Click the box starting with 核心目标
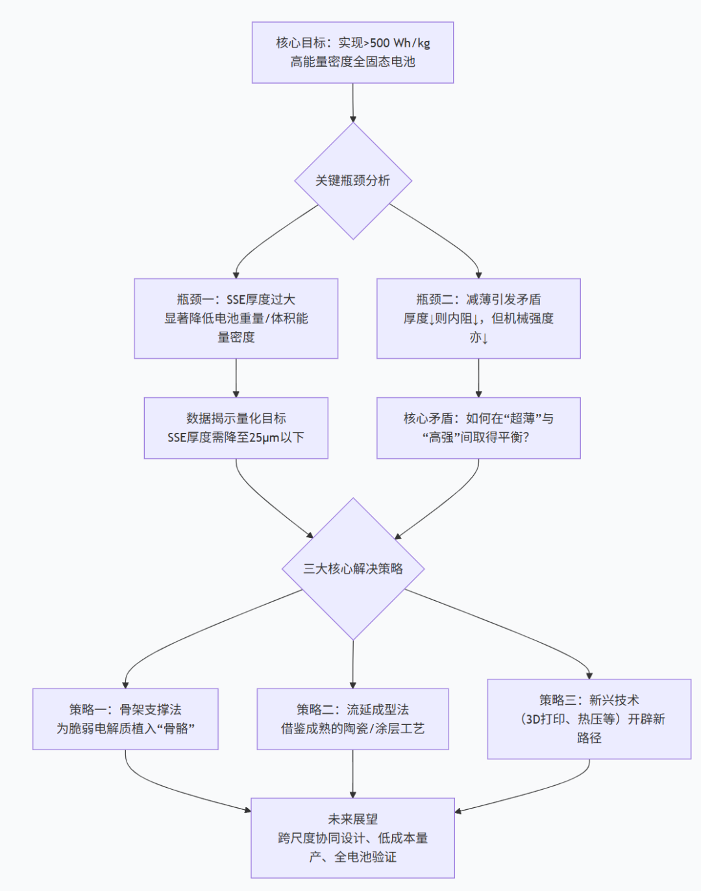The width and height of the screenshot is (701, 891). pyautogui.click(x=352, y=53)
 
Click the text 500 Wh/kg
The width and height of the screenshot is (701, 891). pyautogui.click(x=400, y=43)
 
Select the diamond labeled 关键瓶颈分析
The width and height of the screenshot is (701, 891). pyautogui.click(x=352, y=181)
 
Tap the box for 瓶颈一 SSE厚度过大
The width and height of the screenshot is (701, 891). pyautogui.click(x=236, y=318)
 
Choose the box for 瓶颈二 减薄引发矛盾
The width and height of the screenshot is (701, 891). pyautogui.click(x=478, y=318)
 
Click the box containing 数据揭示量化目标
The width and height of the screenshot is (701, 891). pyautogui.click(x=236, y=428)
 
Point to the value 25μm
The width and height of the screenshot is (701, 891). pyautogui.click(x=265, y=437)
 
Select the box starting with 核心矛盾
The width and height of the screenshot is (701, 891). pyautogui.click(x=478, y=428)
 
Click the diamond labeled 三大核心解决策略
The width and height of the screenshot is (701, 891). pyautogui.click(x=352, y=568)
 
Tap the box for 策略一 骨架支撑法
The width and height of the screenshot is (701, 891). pyautogui.click(x=125, y=719)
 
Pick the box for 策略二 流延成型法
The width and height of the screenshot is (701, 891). pyautogui.click(x=352, y=719)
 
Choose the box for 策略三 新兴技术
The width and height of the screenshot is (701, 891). pyautogui.click(x=589, y=719)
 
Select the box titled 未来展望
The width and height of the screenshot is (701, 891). pyautogui.click(x=352, y=838)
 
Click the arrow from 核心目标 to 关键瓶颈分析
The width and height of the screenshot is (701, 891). pyautogui.click(x=352, y=103)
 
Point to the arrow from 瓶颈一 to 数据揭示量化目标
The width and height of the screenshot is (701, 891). pyautogui.click(x=236, y=378)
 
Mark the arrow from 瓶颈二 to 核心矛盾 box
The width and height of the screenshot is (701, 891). pyautogui.click(x=478, y=378)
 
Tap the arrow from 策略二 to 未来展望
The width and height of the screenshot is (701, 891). pyautogui.click(x=352, y=774)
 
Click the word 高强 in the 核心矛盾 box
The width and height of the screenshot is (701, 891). pyautogui.click(x=441, y=437)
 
